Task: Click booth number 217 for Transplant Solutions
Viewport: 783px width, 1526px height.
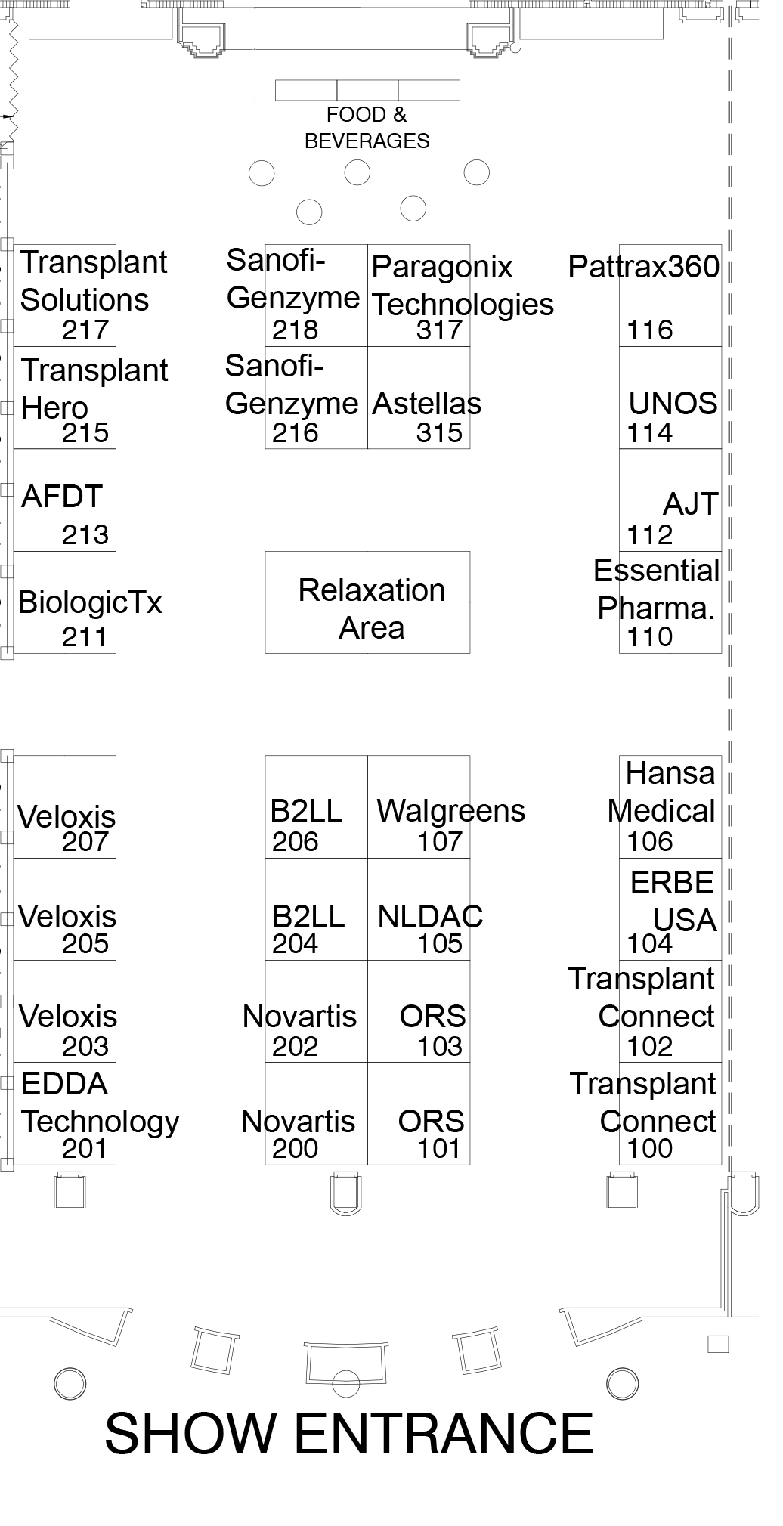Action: pos(85,330)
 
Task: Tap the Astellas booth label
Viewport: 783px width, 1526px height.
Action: pos(426,404)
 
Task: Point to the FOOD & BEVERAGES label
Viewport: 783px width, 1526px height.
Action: pos(367,128)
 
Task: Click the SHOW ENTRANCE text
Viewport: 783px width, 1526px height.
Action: pos(348,1434)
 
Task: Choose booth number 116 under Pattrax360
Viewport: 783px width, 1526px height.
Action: pos(649,330)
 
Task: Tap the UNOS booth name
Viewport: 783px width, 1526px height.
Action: pos(673,404)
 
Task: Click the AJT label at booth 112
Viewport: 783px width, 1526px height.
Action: pos(689,504)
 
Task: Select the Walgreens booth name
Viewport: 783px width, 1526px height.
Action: pos(450,811)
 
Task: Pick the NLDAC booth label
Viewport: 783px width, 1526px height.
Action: pos(430,916)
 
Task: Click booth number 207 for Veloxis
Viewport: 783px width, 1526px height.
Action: pos(85,841)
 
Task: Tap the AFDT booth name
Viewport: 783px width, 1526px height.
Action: pos(62,497)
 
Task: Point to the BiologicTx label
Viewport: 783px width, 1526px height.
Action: pos(90,602)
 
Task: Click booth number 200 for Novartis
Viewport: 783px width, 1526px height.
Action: pos(295,1149)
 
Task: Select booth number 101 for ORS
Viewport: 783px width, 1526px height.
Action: pos(439,1149)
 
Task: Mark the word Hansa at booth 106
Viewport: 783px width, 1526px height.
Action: pos(670,773)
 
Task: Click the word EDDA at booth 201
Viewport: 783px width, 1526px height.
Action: pos(65,1084)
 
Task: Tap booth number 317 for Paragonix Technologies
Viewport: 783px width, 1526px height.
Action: pos(439,330)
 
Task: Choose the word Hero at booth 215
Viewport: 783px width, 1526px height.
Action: pos(54,408)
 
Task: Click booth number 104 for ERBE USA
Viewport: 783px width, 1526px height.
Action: pos(649,944)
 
